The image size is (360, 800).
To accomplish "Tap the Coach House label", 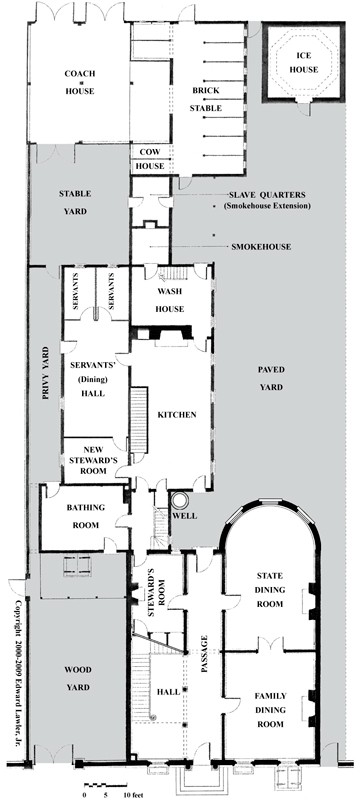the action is pos(80,82).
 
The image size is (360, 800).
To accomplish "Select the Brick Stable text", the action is pos(206,99).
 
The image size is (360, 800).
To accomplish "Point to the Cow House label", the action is pos(150,159).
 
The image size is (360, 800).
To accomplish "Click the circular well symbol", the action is pos(179,501).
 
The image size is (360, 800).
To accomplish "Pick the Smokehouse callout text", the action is pos(261,247).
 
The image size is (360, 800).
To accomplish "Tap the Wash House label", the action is pos(170,300).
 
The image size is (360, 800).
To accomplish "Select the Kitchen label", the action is pos(176,415).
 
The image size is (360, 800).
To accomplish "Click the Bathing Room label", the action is pos(85,516).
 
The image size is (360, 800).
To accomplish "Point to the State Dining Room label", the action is pos(269,590).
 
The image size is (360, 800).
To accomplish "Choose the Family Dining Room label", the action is pos(271,710).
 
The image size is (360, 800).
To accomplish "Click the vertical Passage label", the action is pos(204,654).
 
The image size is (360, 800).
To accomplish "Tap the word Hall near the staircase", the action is pos(169,692).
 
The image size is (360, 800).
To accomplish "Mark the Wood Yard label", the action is pos(78,678).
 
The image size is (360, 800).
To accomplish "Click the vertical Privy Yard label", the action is pos(45,372).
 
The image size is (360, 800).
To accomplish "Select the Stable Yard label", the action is pos(74,203).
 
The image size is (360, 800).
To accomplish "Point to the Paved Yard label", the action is pos(271,378).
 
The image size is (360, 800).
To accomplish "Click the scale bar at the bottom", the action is pos(105,784).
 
